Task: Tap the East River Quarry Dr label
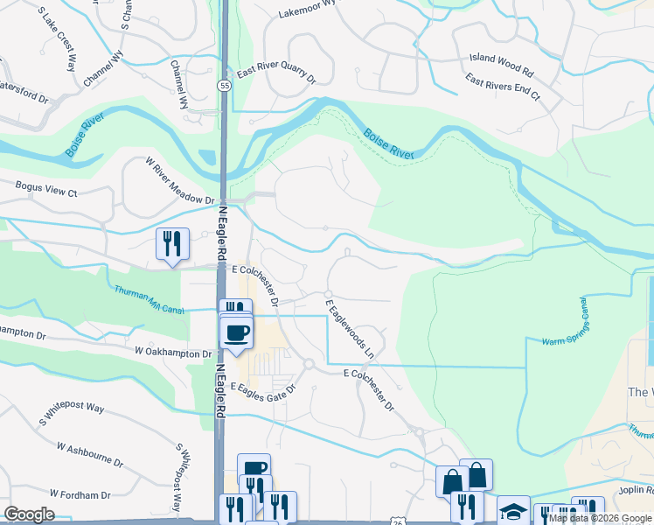click(272, 77)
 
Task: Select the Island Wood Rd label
click(501, 64)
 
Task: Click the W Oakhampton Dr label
click(174, 353)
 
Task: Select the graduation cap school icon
click(513, 509)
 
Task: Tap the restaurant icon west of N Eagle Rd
click(171, 242)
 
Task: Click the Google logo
click(30, 514)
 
